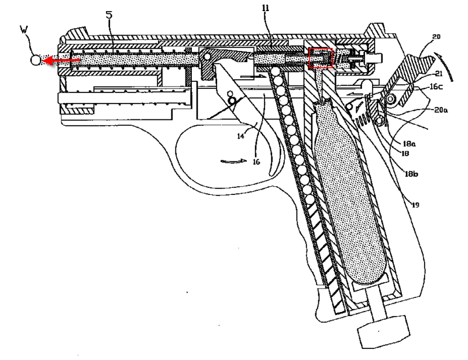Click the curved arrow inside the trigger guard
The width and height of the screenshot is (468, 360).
[x=226, y=160]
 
